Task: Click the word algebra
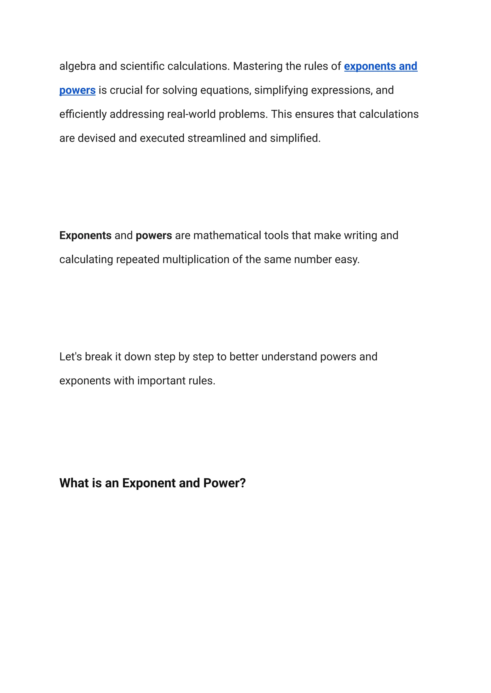(77, 66)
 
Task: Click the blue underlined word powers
(77, 90)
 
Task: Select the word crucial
(126, 90)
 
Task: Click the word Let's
(70, 357)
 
